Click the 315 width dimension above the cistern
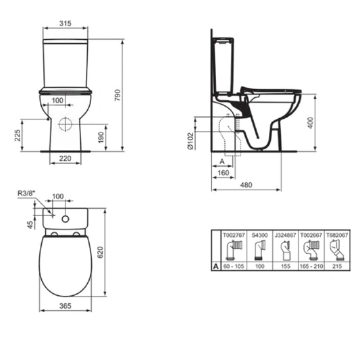66,23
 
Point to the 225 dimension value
16,135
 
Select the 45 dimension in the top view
30,224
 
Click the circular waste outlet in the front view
66,124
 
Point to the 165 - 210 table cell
310,267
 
